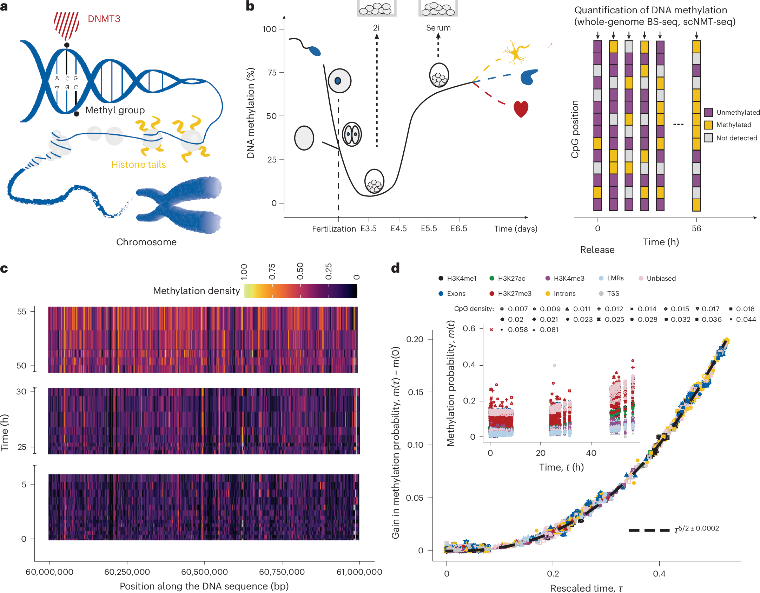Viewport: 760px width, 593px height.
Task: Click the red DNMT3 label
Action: pos(104,19)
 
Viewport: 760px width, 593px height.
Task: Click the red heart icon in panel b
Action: pos(521,109)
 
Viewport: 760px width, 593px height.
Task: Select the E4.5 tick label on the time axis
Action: pos(399,229)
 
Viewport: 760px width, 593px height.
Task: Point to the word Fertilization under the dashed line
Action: pos(334,229)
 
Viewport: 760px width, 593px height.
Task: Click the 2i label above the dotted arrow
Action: pos(376,28)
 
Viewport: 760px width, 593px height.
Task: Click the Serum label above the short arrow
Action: pos(438,28)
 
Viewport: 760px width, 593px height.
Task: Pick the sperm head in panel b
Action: pos(315,51)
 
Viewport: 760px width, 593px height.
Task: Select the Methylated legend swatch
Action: pos(708,125)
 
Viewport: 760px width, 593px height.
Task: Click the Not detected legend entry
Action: pos(736,138)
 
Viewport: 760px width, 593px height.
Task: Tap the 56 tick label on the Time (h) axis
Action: pos(696,229)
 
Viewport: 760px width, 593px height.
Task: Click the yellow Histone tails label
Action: pos(138,165)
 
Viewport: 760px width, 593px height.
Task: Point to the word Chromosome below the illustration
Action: pos(146,242)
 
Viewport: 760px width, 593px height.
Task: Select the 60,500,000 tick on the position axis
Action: pos(204,572)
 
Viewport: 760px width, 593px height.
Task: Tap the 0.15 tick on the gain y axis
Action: pos(415,392)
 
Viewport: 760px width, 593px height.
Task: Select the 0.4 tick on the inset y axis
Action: pos(469,365)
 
